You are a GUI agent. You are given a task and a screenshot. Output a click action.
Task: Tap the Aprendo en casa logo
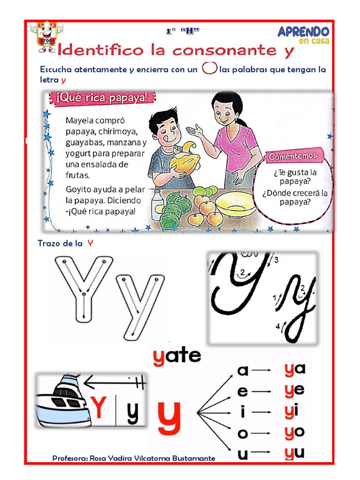303,35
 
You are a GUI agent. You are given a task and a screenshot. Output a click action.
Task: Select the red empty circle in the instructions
209,68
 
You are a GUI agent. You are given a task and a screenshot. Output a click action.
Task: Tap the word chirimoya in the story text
117,131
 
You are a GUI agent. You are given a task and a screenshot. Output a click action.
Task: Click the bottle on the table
157,204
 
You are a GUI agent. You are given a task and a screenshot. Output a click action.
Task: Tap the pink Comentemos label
293,156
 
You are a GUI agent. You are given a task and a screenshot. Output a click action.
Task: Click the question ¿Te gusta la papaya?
295,177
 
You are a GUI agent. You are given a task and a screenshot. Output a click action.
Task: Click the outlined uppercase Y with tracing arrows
83,287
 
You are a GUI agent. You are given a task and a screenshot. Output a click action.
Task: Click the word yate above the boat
177,356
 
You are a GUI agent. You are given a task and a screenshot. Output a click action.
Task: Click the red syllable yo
294,432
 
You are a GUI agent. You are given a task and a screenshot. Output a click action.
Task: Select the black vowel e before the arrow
242,391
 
